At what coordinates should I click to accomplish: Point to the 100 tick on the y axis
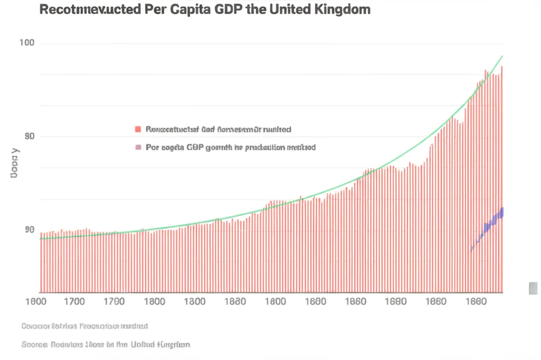coord(26,43)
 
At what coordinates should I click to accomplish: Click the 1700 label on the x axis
coord(73,302)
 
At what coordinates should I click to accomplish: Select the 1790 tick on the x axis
coord(114,302)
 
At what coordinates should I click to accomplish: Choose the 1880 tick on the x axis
coord(234,302)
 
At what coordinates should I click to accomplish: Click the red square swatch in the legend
coord(138,129)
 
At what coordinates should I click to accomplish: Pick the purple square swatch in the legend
coord(138,147)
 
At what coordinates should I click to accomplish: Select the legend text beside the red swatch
coord(218,129)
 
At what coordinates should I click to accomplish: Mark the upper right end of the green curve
coord(502,56)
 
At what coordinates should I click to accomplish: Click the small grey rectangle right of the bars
coord(533,288)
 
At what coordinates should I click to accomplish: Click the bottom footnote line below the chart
coord(105,344)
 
